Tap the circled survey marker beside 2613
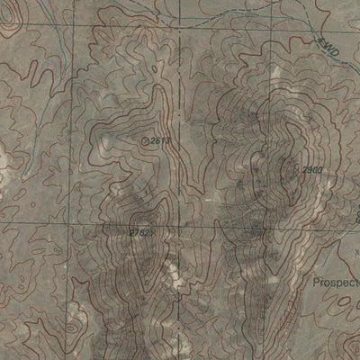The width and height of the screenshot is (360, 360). tap(147, 140)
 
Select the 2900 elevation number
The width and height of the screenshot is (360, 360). tap(311, 170)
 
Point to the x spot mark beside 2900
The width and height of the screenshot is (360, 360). tap(297, 168)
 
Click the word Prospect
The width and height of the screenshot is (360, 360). tap(337, 282)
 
